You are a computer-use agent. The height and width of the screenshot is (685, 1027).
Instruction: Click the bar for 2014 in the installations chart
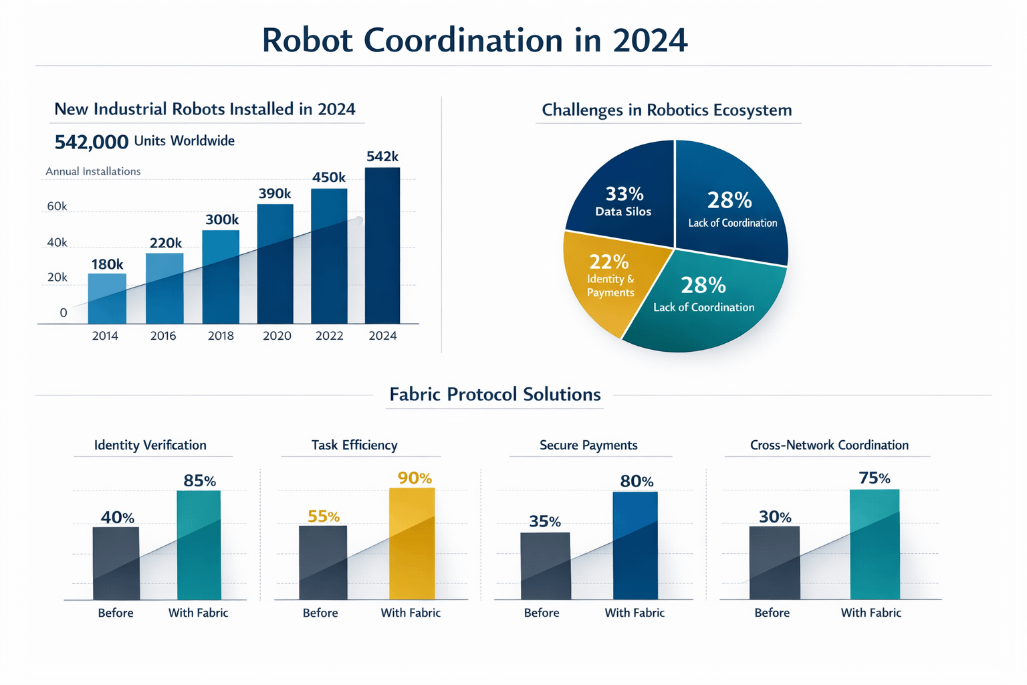coord(107,298)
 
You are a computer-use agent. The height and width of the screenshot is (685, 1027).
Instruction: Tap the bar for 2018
coord(221,277)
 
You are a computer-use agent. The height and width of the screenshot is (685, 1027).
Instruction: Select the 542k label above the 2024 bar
coord(382,157)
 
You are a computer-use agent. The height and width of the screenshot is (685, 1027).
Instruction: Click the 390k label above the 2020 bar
coord(275,194)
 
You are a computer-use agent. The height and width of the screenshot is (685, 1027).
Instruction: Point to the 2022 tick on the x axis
coord(329,336)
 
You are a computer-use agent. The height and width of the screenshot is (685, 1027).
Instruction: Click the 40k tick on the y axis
coord(57,242)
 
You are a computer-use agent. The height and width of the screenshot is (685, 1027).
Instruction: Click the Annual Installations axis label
coord(93,171)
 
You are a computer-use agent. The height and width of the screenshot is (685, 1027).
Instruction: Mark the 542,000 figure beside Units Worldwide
coord(92,142)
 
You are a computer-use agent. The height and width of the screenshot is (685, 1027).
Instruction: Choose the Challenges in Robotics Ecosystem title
coord(667,110)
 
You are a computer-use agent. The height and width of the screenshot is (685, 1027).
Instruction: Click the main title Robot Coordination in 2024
coord(474,40)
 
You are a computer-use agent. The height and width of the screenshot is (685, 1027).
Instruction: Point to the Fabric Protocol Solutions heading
coord(495,394)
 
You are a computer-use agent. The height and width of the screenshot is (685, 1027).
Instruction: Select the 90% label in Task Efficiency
coord(415,478)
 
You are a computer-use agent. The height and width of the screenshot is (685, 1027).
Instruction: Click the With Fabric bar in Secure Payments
coord(635,545)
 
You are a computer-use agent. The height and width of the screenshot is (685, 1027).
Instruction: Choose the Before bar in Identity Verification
coord(116,563)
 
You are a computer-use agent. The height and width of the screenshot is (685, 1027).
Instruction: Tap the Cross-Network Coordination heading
coord(829,445)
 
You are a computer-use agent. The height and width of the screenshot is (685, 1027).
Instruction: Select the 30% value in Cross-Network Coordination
coord(775,517)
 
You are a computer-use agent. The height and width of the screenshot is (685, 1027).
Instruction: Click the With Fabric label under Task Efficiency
coord(411,613)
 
